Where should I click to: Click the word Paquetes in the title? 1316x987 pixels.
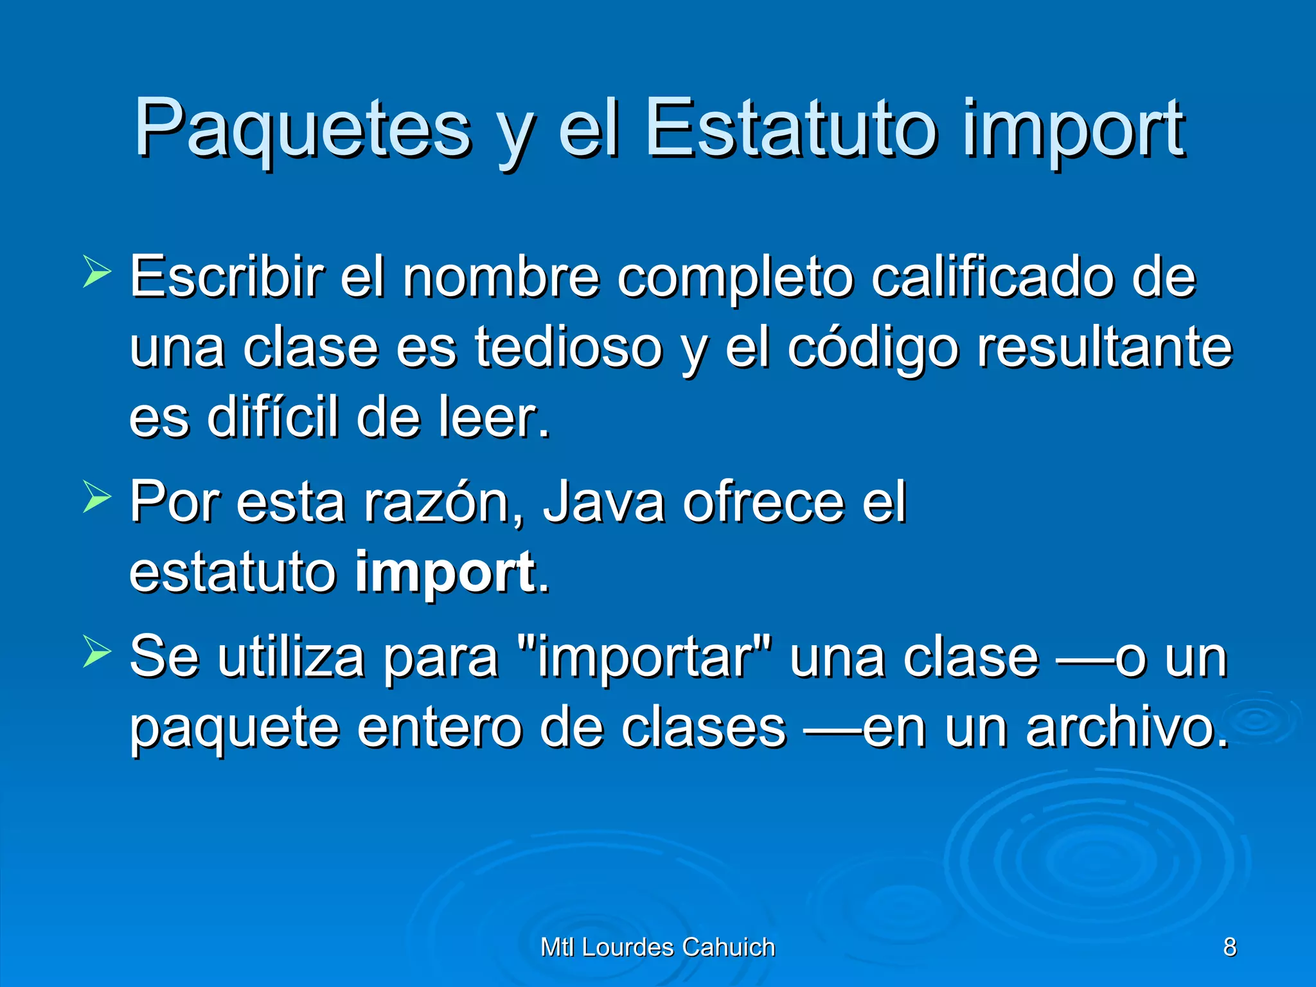coord(302,129)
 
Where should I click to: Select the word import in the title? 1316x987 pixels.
coord(1072,131)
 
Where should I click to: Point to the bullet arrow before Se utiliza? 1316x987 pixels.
coord(97,652)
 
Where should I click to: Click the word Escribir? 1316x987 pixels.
coord(226,277)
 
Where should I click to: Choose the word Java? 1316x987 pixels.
coord(603,502)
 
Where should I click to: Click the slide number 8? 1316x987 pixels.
coord(1229,947)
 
